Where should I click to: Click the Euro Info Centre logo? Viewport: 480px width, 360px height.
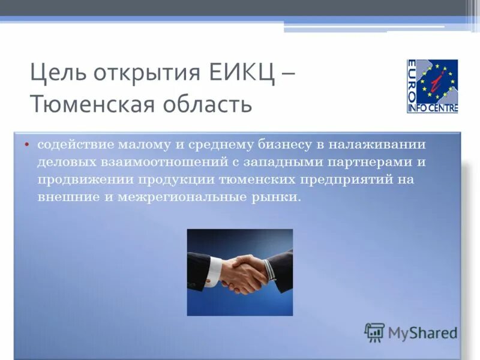click(432, 86)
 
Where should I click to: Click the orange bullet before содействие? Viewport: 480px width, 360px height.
click(27, 145)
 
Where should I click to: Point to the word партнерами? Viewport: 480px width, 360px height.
click(365, 162)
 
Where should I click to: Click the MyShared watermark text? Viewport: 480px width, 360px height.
click(422, 333)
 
